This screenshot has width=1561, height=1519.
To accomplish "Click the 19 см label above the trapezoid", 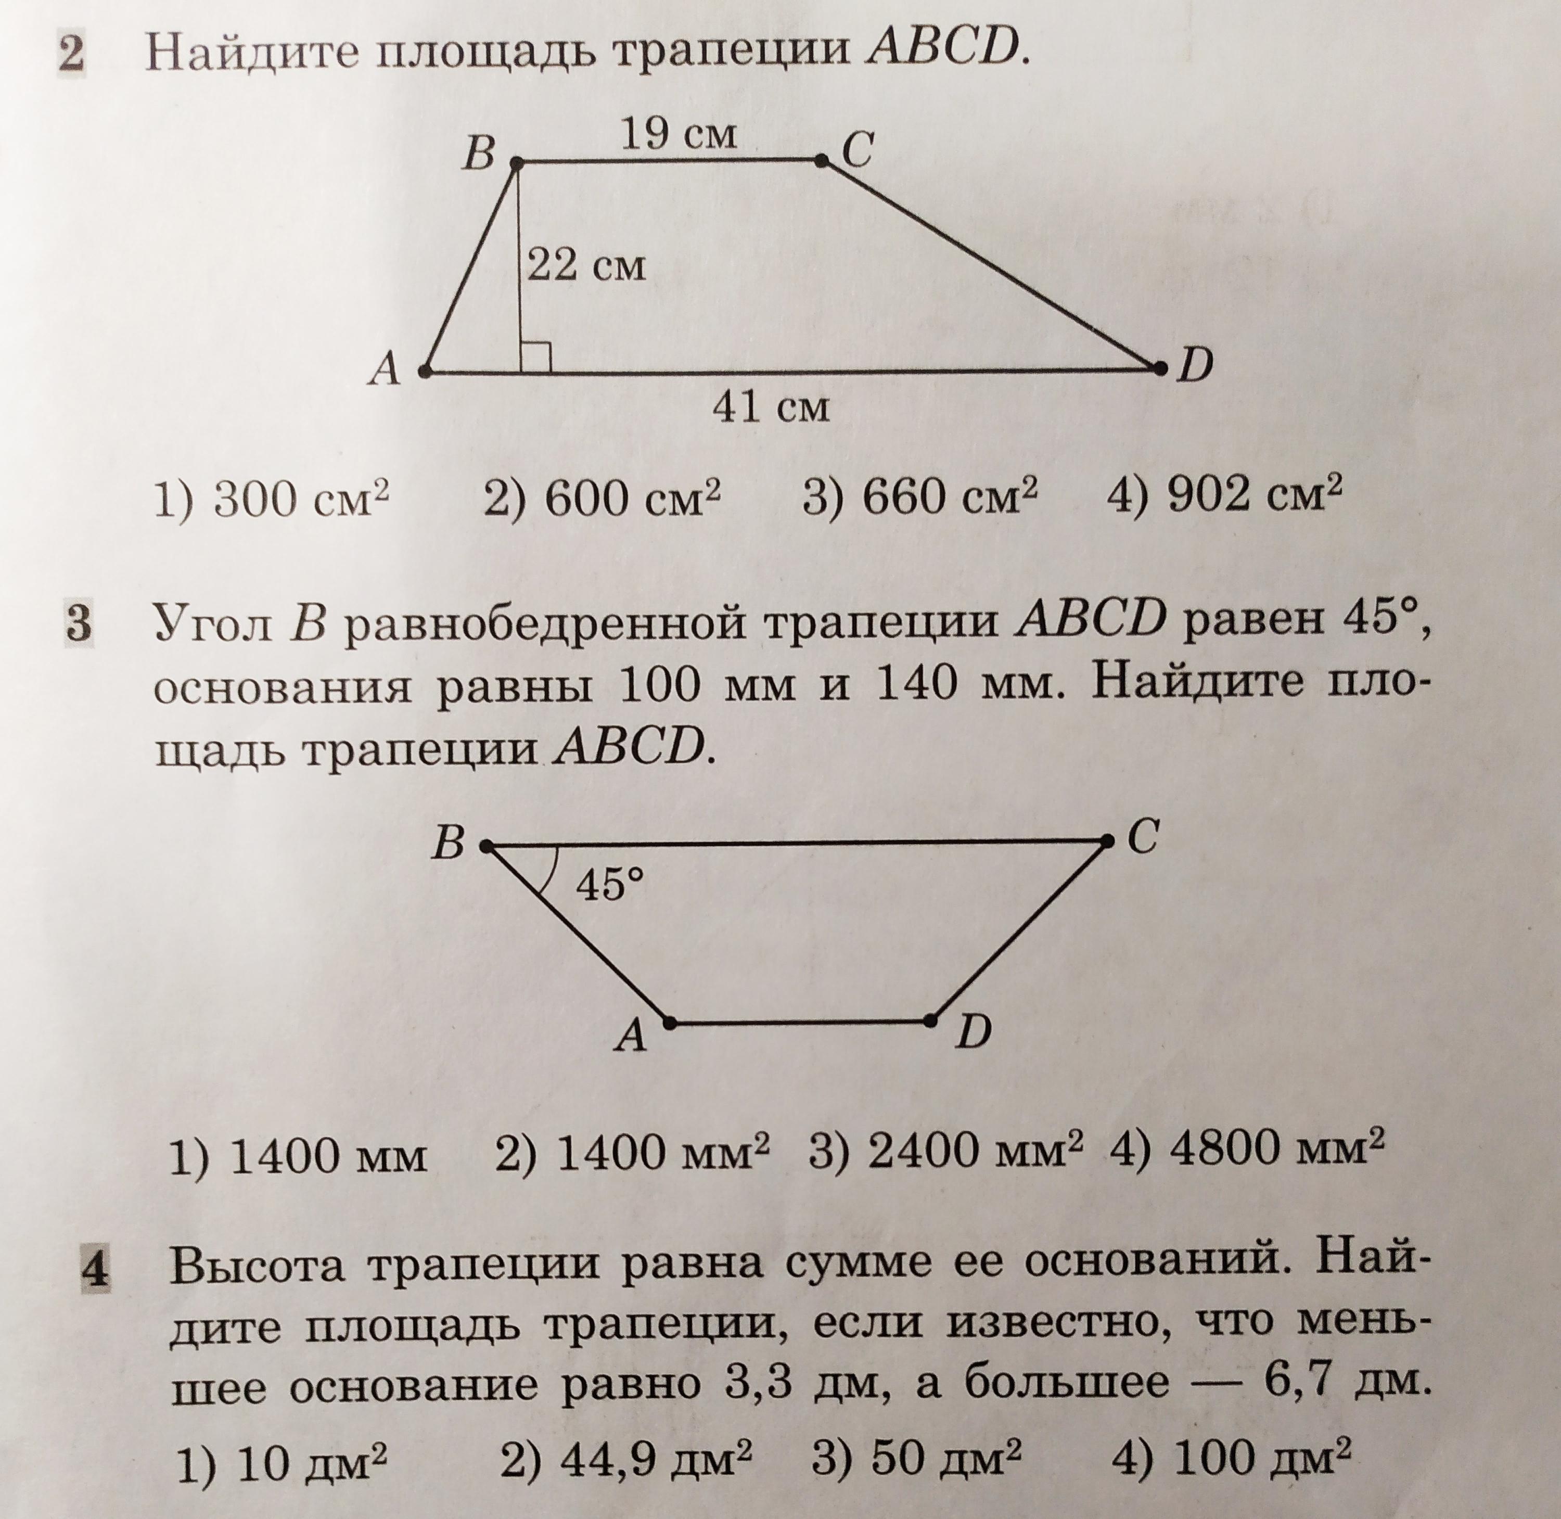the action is coord(678,135).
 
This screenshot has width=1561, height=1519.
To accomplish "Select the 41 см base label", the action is coord(771,407).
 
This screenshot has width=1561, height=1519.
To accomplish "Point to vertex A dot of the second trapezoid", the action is coord(670,1022).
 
